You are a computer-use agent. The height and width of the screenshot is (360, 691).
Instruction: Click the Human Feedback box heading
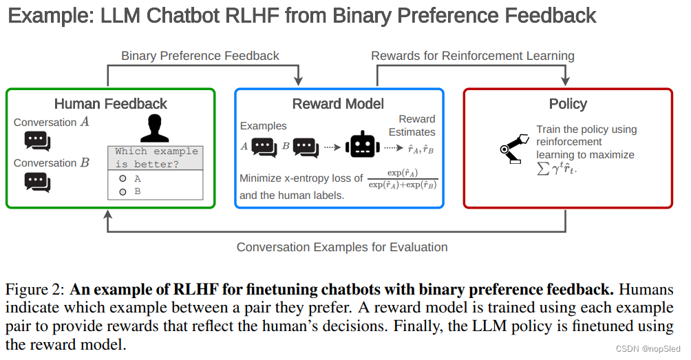[110, 104]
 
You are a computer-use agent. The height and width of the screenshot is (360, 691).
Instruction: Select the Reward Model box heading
[338, 104]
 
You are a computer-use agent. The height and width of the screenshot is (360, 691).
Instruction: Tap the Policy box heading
[568, 104]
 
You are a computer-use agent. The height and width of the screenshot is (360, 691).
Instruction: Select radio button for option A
[123, 178]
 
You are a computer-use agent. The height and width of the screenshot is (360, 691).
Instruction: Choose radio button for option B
[123, 191]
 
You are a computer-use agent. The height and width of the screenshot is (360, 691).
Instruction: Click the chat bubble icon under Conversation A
[37, 140]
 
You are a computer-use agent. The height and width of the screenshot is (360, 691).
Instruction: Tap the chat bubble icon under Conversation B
[37, 182]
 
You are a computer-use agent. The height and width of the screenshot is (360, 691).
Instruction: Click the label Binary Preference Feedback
[200, 56]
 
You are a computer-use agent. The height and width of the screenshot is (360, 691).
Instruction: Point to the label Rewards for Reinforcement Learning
[472, 56]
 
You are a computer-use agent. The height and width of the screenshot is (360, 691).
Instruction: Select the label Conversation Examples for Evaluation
[342, 246]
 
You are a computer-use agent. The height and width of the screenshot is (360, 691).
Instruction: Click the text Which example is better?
[156, 158]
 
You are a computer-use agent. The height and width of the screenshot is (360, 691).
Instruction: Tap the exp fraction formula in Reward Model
[403, 178]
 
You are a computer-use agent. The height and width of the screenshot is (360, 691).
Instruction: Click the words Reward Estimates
[412, 125]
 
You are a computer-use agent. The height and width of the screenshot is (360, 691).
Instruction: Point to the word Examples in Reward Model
[264, 127]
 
